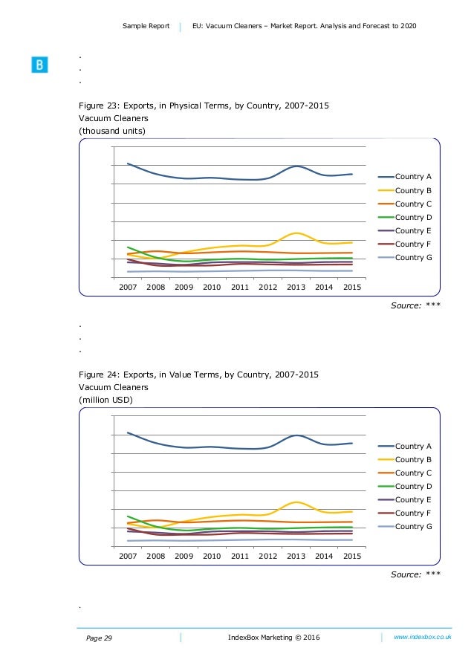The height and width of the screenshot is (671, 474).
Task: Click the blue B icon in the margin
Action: (x=39, y=65)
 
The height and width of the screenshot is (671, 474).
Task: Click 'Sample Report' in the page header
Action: (x=146, y=26)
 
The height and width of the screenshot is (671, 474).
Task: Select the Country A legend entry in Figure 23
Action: (x=405, y=176)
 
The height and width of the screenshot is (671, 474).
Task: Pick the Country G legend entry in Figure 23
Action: (x=405, y=257)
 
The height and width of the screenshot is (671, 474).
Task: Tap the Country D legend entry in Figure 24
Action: (x=405, y=486)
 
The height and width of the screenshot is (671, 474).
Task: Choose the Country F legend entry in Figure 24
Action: (x=405, y=513)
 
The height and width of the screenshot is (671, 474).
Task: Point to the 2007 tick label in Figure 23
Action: (x=128, y=287)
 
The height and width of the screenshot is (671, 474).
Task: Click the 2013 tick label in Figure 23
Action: (x=296, y=287)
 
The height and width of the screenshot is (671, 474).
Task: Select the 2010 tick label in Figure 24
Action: (x=212, y=556)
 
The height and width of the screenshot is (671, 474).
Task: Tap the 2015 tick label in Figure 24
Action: (x=352, y=556)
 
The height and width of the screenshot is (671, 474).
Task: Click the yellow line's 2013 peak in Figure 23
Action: (x=296, y=233)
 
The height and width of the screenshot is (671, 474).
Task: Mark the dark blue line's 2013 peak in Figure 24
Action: (x=296, y=435)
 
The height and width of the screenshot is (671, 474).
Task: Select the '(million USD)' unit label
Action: (x=105, y=400)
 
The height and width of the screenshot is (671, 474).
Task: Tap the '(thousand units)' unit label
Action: (x=112, y=131)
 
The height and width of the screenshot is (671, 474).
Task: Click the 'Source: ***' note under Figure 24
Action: (x=415, y=574)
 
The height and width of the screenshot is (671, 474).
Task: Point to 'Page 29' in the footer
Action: (x=99, y=638)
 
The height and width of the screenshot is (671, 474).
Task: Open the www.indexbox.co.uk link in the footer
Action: (x=423, y=637)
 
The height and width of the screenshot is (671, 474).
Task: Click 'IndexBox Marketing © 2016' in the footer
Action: (x=274, y=638)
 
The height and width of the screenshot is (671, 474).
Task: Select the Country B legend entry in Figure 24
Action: (x=405, y=459)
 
